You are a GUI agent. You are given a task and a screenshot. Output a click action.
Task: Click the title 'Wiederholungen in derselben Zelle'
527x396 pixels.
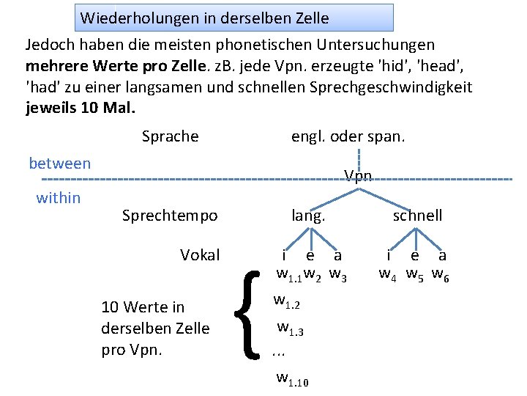(x=205, y=18)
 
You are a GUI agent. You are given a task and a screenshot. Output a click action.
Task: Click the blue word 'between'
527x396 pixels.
(x=60, y=164)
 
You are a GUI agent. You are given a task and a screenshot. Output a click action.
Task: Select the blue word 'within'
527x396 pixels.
(x=59, y=197)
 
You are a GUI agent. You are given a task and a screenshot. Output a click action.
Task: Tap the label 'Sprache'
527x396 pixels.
(x=170, y=136)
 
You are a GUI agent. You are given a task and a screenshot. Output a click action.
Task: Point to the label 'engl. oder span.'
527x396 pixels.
(x=348, y=136)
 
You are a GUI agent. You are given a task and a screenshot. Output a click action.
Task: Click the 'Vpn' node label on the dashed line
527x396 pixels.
(x=359, y=176)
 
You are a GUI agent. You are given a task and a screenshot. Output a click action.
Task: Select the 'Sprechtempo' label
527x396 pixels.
(x=170, y=216)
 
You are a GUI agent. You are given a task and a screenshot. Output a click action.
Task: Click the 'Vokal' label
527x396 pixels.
(x=200, y=255)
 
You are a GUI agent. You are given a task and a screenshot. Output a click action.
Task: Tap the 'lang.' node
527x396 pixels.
(x=308, y=216)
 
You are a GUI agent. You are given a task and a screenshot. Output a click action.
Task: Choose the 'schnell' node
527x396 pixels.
(x=417, y=216)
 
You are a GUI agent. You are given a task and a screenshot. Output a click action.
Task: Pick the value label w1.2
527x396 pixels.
(x=287, y=301)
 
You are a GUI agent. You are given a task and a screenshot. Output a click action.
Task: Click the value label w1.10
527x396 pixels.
(x=292, y=379)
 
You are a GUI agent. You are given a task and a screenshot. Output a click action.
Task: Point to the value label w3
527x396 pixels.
(x=338, y=276)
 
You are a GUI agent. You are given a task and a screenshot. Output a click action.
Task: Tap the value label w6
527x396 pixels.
(x=441, y=276)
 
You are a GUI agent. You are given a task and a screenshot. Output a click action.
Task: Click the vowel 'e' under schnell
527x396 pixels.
(x=415, y=256)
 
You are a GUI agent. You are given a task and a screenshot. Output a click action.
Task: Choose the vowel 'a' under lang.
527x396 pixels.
(x=337, y=256)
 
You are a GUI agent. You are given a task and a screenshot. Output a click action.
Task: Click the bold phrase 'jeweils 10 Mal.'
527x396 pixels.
(x=81, y=109)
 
